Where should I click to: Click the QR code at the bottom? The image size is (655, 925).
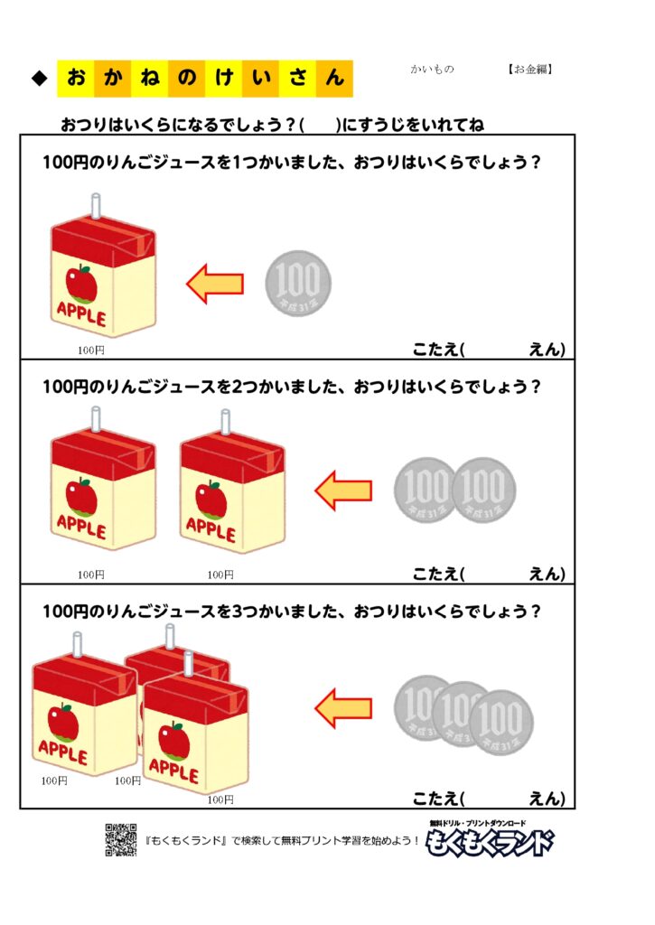(120, 839)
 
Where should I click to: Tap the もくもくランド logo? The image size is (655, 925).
(489, 840)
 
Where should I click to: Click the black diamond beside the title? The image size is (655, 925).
(39, 79)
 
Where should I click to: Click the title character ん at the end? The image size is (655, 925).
(335, 79)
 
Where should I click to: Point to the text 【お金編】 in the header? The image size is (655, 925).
(529, 69)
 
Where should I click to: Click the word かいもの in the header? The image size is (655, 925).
(432, 69)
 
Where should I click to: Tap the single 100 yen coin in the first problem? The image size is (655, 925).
(298, 284)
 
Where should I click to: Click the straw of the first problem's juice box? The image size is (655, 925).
(93, 207)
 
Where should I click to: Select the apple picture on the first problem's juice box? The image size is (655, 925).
(83, 281)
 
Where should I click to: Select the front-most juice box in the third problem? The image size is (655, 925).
(194, 732)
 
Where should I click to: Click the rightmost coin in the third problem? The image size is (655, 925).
(501, 721)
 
